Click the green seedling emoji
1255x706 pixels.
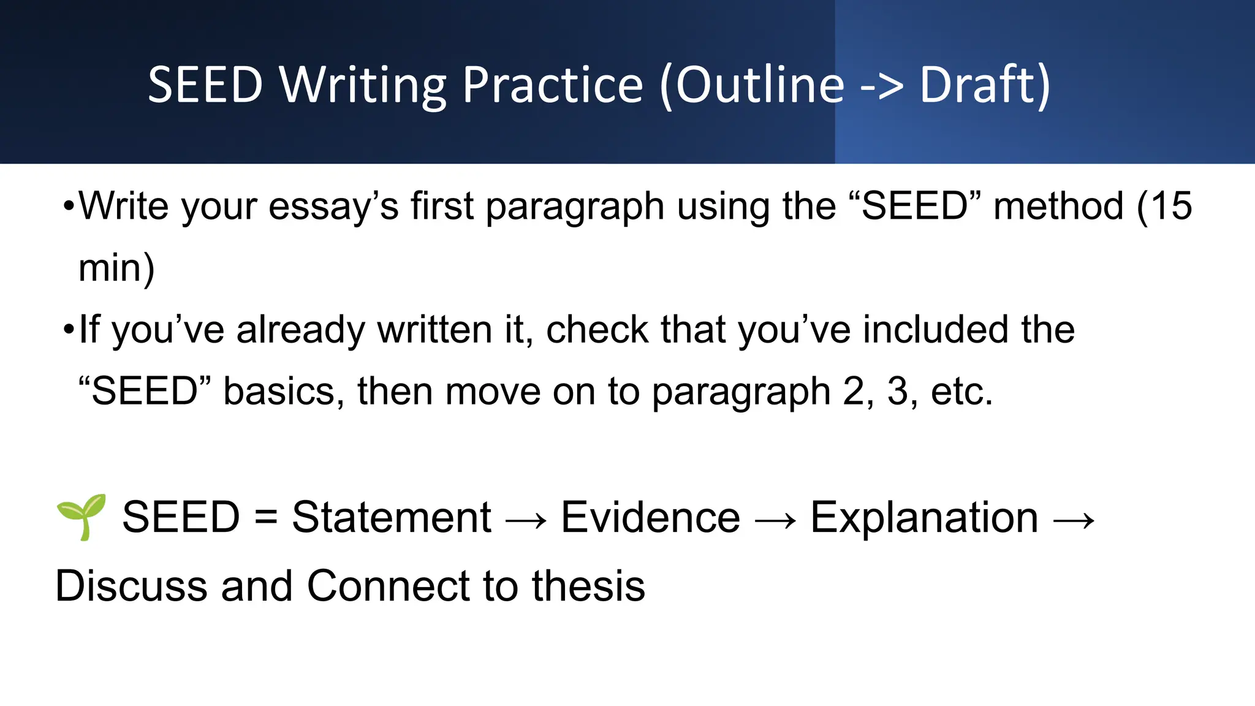(82, 517)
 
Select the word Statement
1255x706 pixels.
(391, 518)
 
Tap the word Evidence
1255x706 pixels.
(650, 518)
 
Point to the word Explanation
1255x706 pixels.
(924, 518)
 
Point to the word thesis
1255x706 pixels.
(588, 586)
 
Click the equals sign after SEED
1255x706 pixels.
(266, 518)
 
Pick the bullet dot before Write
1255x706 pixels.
(69, 207)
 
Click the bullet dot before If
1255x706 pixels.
(69, 330)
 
